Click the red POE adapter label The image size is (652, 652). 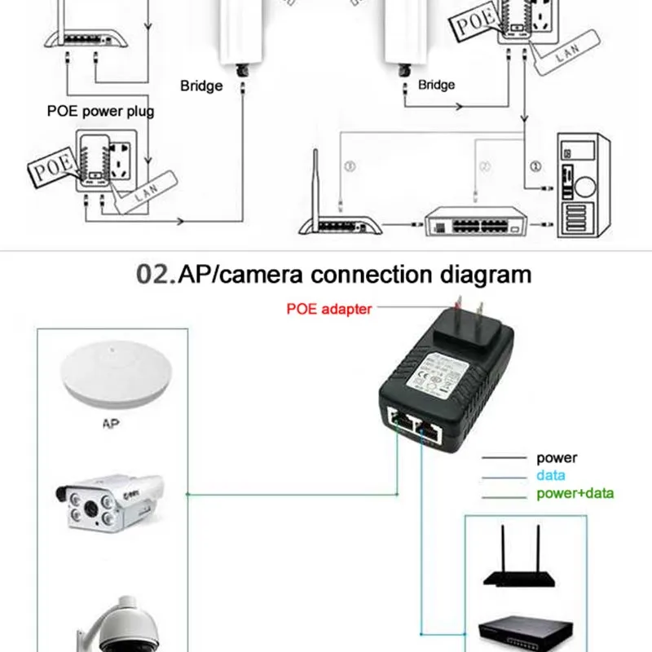pyautogui.click(x=328, y=309)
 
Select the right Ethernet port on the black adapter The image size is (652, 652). pyautogui.click(x=431, y=426)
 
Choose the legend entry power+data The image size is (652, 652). pyautogui.click(x=575, y=493)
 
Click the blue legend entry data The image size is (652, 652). pyautogui.click(x=551, y=475)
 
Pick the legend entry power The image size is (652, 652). pyautogui.click(x=556, y=458)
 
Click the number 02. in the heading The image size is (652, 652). pyautogui.click(x=156, y=274)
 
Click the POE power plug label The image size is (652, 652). pyautogui.click(x=100, y=111)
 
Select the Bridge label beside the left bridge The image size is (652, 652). pyautogui.click(x=200, y=86)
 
